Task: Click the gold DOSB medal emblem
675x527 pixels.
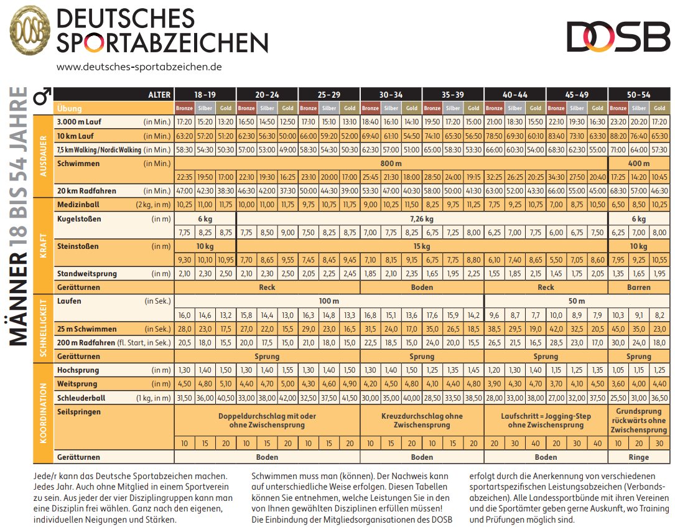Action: point(30,30)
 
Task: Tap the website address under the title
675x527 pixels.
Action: point(139,67)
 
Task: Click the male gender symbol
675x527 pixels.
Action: point(43,96)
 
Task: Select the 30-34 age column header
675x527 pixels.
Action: point(391,95)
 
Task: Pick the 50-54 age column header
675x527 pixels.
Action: point(639,95)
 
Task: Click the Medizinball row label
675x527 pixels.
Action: point(78,205)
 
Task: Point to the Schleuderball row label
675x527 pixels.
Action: point(81,398)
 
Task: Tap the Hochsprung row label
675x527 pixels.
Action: point(78,370)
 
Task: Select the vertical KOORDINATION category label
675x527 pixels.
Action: point(43,413)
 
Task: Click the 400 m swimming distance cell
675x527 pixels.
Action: point(639,163)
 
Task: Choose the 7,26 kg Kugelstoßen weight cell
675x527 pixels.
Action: point(422,219)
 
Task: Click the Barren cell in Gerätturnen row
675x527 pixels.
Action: point(639,287)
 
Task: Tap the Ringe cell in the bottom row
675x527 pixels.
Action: point(639,457)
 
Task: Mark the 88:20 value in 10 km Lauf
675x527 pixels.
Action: point(618,136)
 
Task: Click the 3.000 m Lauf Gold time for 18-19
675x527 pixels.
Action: point(226,122)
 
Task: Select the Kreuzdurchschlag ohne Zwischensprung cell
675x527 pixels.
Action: point(422,420)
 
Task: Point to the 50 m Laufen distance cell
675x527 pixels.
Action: point(577,301)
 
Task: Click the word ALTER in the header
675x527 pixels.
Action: point(159,95)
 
